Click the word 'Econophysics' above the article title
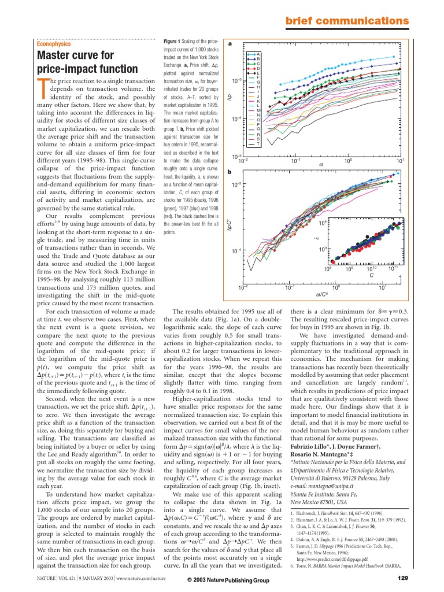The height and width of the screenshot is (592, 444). (x=54, y=43)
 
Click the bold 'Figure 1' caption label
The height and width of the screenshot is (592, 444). (x=173, y=41)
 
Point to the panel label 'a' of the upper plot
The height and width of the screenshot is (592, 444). (x=230, y=43)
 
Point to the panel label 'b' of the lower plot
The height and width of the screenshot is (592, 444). (x=230, y=172)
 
